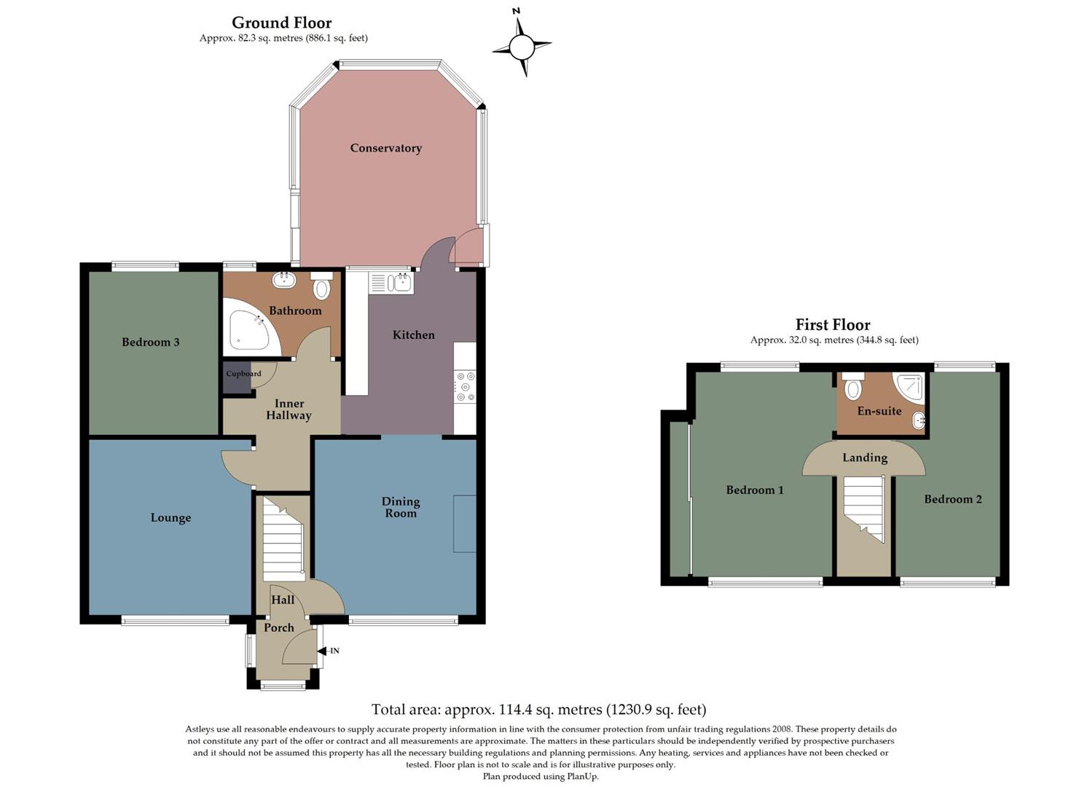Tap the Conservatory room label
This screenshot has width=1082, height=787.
385,148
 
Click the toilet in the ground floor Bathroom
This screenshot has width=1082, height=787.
321,287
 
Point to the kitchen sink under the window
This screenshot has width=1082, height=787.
391,283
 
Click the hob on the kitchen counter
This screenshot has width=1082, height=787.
465,387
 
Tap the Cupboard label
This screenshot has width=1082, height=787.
243,374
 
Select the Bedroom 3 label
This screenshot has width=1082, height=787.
150,342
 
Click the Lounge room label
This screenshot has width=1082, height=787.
170,517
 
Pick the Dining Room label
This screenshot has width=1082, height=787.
401,506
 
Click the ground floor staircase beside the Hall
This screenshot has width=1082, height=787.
283,539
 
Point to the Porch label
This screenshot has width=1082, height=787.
279,627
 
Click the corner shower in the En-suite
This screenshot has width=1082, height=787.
909,387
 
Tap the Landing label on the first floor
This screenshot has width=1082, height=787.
865,458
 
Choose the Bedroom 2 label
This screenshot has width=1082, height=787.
952,499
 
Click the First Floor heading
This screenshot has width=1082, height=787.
833,325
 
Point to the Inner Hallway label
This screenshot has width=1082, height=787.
289,410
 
